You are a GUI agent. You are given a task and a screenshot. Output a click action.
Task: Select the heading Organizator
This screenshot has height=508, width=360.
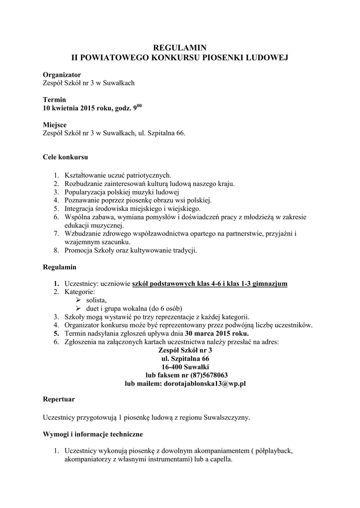point(62,74)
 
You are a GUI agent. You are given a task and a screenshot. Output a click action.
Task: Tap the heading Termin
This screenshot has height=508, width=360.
point(54,100)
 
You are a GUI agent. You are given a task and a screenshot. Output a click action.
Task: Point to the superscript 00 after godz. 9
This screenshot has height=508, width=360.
point(141,106)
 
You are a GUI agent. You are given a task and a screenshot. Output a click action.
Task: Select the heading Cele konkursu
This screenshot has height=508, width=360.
point(65,158)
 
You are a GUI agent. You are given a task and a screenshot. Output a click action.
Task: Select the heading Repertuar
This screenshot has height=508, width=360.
point(59,399)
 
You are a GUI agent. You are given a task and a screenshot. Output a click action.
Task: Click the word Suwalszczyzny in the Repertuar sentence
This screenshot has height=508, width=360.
point(227,417)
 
